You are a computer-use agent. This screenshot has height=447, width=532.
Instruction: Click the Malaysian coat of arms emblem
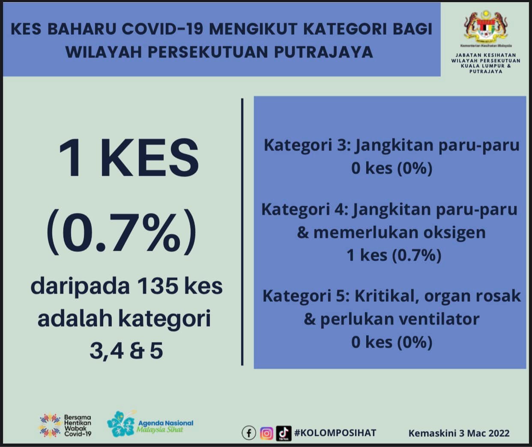486,27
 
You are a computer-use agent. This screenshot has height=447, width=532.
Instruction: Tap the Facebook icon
249,433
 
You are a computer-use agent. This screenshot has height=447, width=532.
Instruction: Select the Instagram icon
266,433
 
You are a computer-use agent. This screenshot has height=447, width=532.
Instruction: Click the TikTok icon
284,433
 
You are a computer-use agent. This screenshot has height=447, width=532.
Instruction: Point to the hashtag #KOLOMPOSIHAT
335,433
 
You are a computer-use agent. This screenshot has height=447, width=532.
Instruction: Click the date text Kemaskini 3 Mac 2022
459,433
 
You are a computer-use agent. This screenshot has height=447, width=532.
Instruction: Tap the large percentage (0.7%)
122,231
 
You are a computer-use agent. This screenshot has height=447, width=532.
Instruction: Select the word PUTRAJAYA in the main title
323,52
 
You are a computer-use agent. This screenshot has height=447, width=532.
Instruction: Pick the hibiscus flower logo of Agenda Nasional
121,424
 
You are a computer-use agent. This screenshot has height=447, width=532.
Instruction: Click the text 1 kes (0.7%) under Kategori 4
394,255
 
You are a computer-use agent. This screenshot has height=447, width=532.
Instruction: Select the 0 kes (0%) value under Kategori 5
392,342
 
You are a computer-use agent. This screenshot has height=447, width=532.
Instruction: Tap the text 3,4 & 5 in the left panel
126,351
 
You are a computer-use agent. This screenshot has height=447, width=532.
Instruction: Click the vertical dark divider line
242,232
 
